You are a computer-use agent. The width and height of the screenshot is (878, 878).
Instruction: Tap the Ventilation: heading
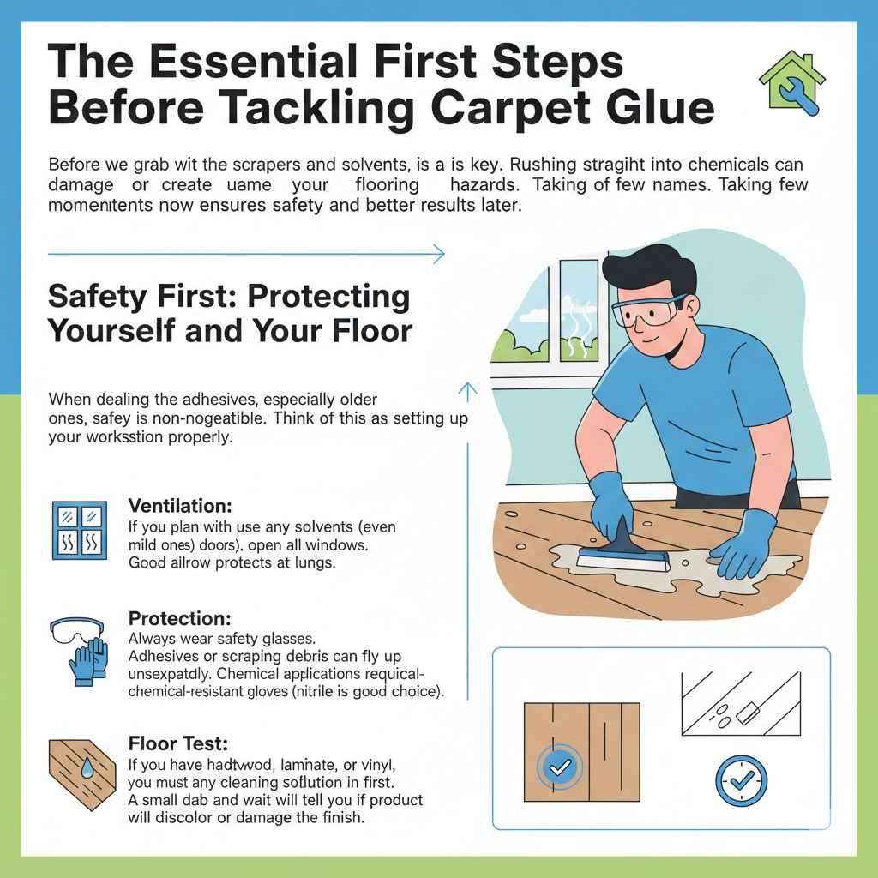point(180,506)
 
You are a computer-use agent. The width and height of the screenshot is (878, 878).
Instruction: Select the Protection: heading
point(177,618)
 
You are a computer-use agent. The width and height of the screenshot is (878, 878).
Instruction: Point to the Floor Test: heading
point(177,743)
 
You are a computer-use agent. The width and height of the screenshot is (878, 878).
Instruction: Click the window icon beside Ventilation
point(79,530)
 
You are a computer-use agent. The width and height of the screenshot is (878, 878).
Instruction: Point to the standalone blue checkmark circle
point(741,779)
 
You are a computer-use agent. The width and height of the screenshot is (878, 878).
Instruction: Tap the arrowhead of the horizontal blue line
point(440,254)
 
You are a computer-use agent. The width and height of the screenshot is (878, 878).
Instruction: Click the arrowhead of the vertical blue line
point(467,390)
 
